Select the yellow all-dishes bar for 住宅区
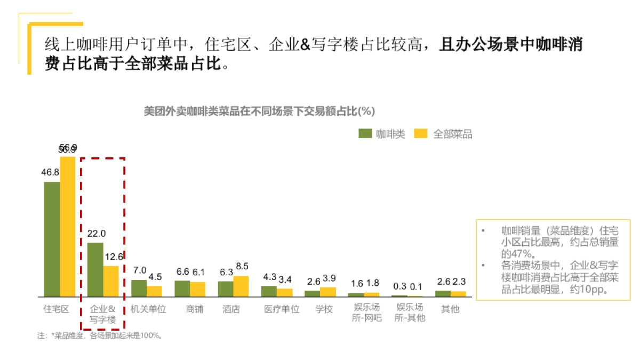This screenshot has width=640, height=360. [x=68, y=226]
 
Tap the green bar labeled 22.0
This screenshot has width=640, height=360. [x=95, y=269]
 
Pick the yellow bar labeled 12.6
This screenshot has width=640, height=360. [x=111, y=281]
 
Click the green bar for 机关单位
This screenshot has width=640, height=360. [x=139, y=288]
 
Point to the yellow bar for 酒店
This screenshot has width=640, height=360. [x=241, y=286]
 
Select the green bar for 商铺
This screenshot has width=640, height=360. [x=182, y=288]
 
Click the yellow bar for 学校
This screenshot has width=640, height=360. [x=328, y=292]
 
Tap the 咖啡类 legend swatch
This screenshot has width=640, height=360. [x=365, y=134]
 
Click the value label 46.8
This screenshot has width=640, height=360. [x=50, y=172]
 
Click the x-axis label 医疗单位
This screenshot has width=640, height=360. [x=282, y=309]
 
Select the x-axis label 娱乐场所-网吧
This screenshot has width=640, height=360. [x=367, y=314]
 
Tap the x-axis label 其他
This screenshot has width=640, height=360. [x=450, y=309]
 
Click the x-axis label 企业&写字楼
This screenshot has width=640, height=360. [x=102, y=314]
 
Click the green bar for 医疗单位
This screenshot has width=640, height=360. [x=269, y=291]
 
